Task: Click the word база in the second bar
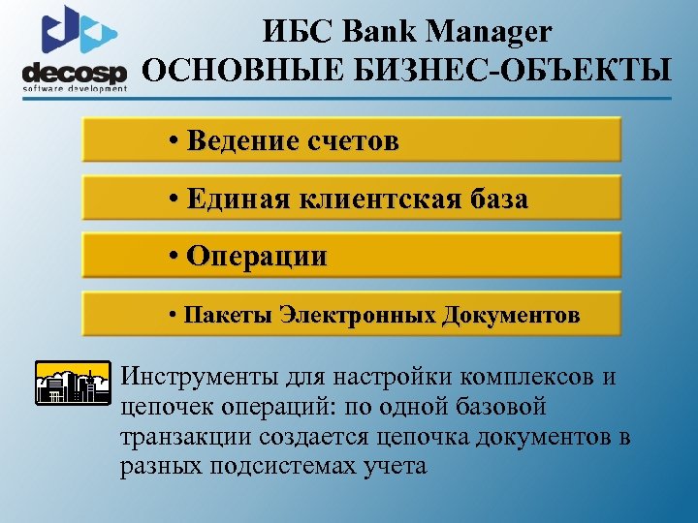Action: tap(495, 200)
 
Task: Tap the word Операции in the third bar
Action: tap(256, 257)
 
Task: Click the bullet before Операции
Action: tap(173, 257)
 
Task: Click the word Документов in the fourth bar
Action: tap(511, 315)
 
